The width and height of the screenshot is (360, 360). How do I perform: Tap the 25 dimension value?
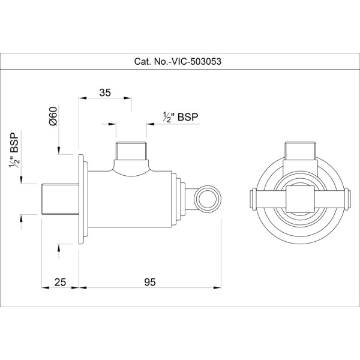[59, 283]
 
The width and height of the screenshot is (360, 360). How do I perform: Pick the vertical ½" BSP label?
[14, 150]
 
